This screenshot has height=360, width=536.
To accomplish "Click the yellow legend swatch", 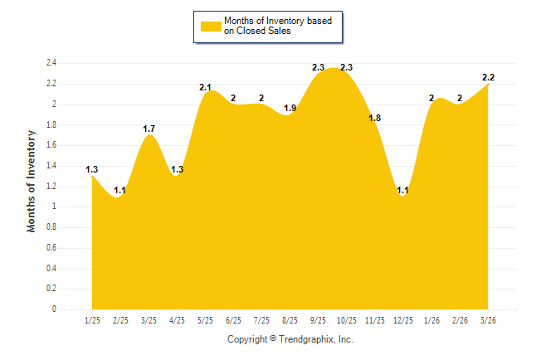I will tap(211, 26).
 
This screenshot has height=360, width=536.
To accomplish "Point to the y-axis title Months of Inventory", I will tap(32, 180).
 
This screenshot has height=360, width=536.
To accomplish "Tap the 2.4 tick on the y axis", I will tap(51, 63).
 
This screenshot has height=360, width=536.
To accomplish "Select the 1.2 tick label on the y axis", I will tap(51, 187).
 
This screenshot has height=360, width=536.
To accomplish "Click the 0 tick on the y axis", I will tap(54, 309).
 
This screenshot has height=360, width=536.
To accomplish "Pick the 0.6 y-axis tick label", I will tap(51, 248).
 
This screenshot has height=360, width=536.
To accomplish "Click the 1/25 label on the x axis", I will tap(92, 320).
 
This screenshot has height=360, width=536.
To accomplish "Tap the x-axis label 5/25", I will tap(205, 320).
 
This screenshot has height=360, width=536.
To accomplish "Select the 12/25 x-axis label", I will tap(402, 320).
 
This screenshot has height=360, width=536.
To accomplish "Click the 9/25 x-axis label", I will tap(318, 320).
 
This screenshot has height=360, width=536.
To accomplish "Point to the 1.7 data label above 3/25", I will tap(149, 129).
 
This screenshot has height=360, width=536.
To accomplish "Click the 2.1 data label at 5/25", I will tap(206, 87).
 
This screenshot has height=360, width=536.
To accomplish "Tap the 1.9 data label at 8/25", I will tap(290, 108).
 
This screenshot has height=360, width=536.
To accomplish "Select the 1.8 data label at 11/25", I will tap(374, 119).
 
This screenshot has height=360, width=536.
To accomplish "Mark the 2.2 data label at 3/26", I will tap(488, 77).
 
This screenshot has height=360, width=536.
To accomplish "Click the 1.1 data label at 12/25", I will tap(402, 190).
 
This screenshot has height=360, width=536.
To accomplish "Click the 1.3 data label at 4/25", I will tap(177, 170).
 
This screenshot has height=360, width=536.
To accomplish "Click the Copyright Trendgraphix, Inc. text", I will tap(290, 339).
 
